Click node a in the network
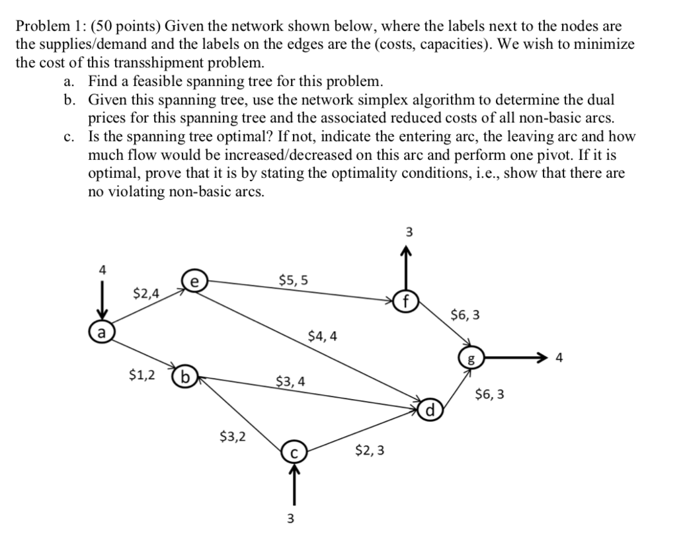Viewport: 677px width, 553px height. point(101,330)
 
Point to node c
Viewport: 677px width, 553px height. point(293,453)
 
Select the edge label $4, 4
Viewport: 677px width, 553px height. point(323,336)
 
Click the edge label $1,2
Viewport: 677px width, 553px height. point(143,375)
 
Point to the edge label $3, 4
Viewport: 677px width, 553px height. point(290,381)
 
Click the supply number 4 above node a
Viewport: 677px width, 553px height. point(102,270)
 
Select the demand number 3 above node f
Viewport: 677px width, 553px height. point(408,233)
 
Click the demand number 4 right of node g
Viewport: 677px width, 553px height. point(560,359)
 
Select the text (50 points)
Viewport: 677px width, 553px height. point(126,26)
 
